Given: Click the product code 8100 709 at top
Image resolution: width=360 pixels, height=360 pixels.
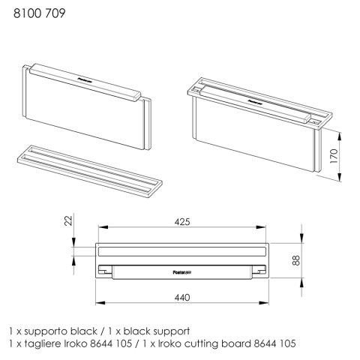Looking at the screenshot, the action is click(x=39, y=13).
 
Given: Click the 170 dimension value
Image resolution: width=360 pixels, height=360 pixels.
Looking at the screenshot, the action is click(x=334, y=156).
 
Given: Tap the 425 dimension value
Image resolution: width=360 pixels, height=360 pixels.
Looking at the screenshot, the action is click(x=182, y=222).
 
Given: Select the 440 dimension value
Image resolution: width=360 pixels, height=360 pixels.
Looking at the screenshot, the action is click(x=182, y=298).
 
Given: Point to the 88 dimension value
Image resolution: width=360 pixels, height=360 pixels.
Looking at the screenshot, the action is click(x=295, y=260).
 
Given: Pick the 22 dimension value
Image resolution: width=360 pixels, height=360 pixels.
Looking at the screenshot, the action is click(x=68, y=220).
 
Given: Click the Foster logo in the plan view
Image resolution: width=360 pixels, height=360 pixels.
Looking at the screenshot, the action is click(x=182, y=272).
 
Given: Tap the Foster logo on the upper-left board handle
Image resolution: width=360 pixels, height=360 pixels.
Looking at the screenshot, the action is click(x=85, y=80).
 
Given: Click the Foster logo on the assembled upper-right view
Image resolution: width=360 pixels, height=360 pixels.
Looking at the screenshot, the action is click(x=255, y=102).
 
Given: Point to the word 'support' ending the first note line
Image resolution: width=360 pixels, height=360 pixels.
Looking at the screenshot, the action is click(x=171, y=332).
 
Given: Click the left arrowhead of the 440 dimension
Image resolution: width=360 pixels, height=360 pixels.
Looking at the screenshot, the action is click(x=100, y=303).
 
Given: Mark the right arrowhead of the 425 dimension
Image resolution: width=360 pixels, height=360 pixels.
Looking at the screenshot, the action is click(x=261, y=227).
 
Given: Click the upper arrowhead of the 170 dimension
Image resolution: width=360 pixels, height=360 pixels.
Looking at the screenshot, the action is click(x=339, y=136).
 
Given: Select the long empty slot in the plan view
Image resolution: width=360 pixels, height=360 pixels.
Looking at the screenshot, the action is click(x=182, y=251).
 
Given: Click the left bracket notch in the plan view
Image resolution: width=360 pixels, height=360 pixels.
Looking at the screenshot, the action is click(x=105, y=271).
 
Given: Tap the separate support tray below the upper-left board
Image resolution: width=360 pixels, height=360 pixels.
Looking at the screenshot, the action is click(x=90, y=172).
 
